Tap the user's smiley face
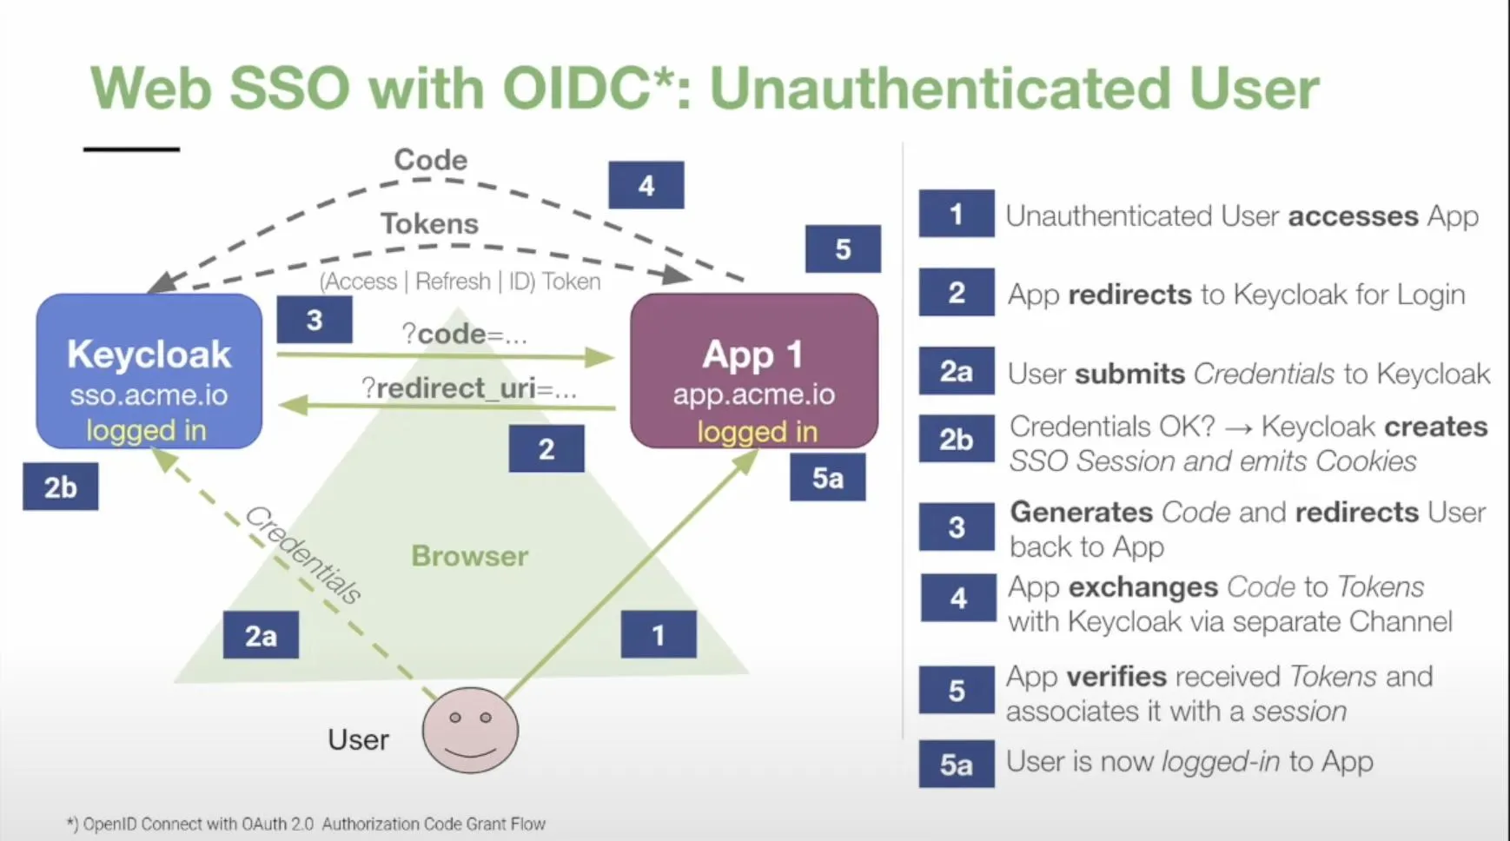pyautogui.click(x=470, y=730)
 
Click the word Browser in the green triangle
pyautogui.click(x=469, y=556)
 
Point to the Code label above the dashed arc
pyautogui.click(x=430, y=160)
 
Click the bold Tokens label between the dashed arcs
pyautogui.click(x=429, y=224)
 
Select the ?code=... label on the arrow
pyautogui.click(x=464, y=334)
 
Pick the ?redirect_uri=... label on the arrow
pyautogui.click(x=468, y=388)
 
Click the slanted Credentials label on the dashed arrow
pyautogui.click(x=303, y=555)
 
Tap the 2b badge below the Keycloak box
pyautogui.click(x=60, y=487)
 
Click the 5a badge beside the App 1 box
pyautogui.click(x=827, y=479)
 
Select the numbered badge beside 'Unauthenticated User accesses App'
pyautogui.click(x=956, y=214)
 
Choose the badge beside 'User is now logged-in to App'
pyautogui.click(x=956, y=765)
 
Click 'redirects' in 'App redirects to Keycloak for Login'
pyautogui.click(x=1129, y=295)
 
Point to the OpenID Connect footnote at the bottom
pyautogui.click(x=306, y=824)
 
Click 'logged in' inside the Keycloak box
pyautogui.click(x=146, y=430)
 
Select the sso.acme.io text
pyautogui.click(x=149, y=395)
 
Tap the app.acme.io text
pyautogui.click(x=753, y=394)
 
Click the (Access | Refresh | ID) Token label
pyautogui.click(x=460, y=281)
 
